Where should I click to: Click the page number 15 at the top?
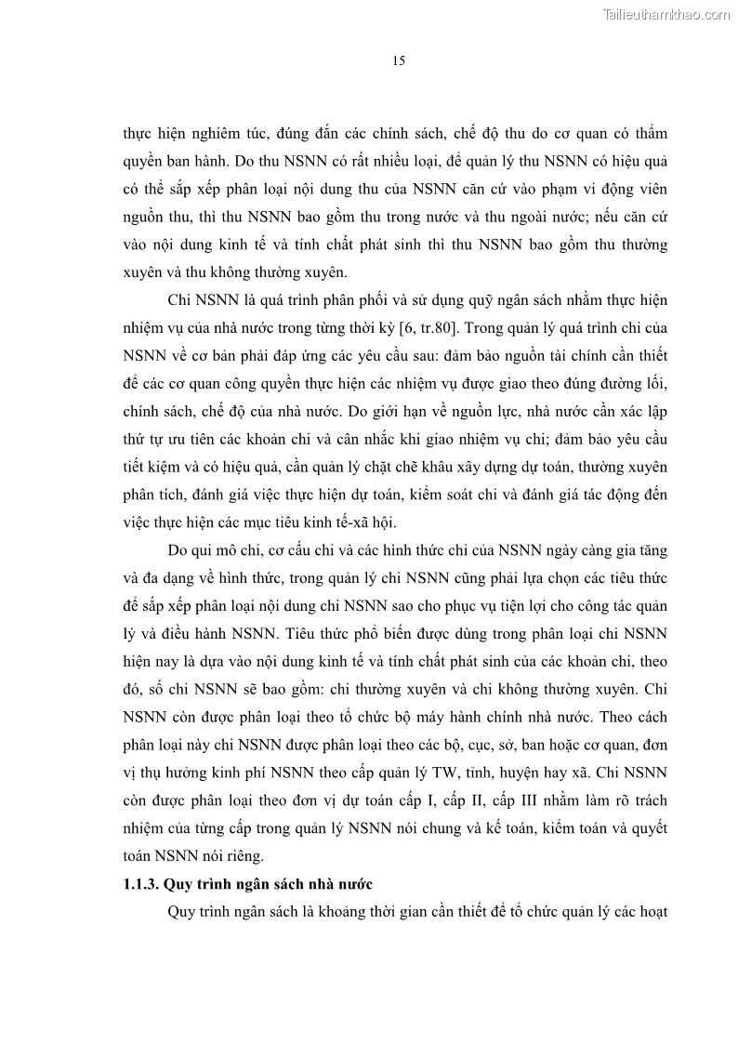click(x=399, y=61)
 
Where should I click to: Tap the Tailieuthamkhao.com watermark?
click(x=666, y=14)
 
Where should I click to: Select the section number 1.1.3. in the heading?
click(x=146, y=884)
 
